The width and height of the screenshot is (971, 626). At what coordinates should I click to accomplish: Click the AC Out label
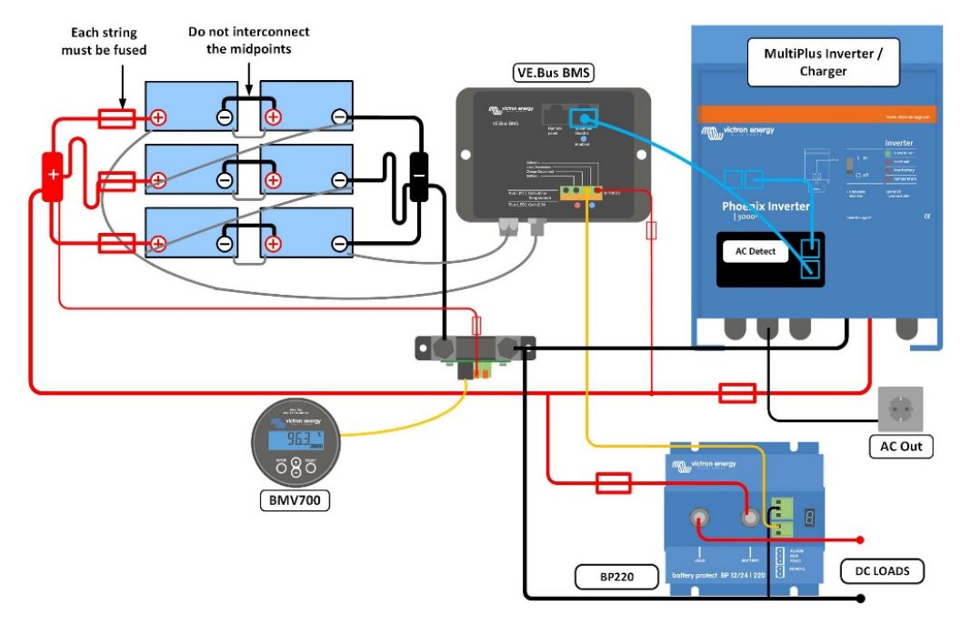[900, 446]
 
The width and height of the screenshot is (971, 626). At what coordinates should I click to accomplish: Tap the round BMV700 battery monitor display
[297, 442]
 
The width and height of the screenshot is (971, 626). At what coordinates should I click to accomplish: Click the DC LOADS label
[882, 571]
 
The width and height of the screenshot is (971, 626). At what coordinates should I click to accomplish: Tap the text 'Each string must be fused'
[104, 41]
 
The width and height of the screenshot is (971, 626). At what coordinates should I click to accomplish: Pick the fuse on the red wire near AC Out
[737, 394]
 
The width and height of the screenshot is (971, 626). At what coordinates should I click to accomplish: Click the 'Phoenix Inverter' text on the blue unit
[766, 207]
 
